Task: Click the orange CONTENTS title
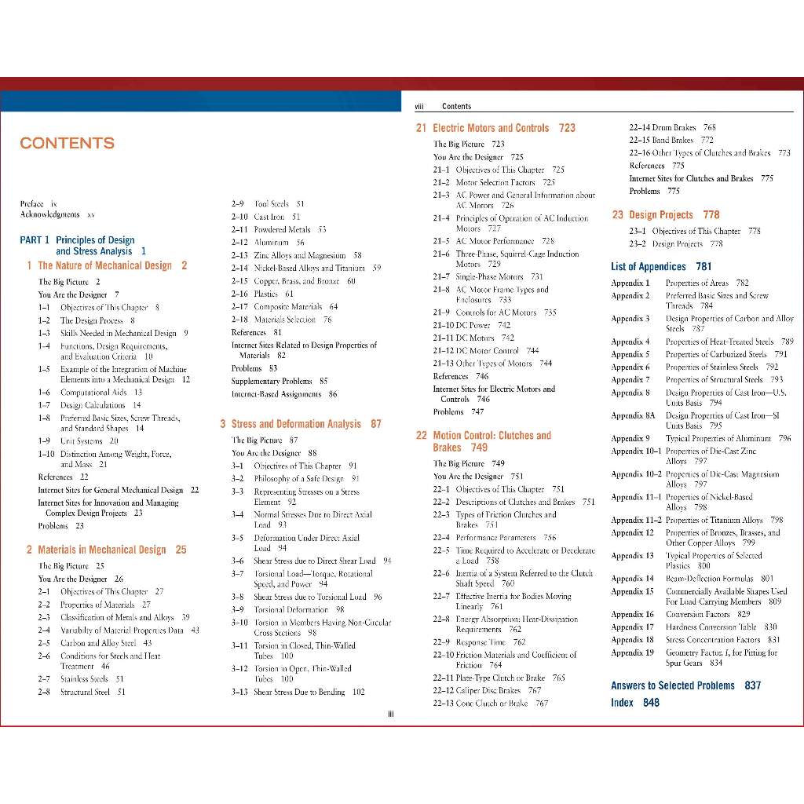pyautogui.click(x=67, y=143)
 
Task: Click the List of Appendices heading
pyautogui.click(x=661, y=267)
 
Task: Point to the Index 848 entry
pyautogui.click(x=635, y=703)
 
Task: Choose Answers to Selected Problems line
pyautogui.click(x=685, y=685)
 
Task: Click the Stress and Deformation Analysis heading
pyautogui.click(x=306, y=424)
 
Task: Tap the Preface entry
pyautogui.click(x=38, y=203)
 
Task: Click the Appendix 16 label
pyautogui.click(x=632, y=615)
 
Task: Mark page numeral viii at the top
pyautogui.click(x=418, y=106)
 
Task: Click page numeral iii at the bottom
pyautogui.click(x=390, y=714)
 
